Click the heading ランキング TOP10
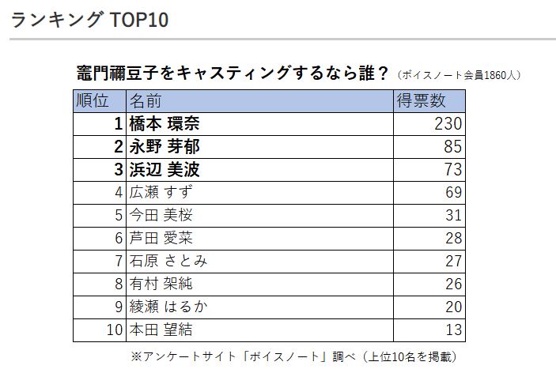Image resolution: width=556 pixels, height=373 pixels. point(89,20)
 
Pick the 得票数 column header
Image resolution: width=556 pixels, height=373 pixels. point(421,101)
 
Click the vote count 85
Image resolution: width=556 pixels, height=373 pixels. point(453,147)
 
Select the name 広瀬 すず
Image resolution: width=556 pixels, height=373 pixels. point(161,192)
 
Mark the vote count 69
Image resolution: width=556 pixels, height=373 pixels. point(453,192)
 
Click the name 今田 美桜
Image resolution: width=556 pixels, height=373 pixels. point(161,215)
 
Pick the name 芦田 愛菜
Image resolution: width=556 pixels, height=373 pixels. point(161,238)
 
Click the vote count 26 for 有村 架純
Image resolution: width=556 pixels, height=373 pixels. point(453,284)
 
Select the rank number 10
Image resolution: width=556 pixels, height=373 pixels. point(115,330)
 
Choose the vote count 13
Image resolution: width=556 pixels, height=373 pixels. point(453,330)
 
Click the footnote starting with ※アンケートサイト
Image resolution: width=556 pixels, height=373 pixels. point(293,356)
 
